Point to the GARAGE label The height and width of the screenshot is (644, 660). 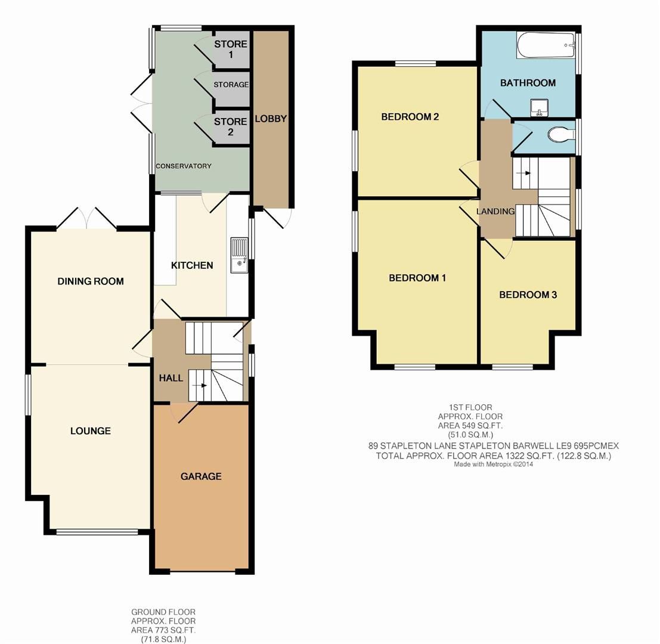click(201, 476)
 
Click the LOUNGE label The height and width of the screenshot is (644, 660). click(91, 431)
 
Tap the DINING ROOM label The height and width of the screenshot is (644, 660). click(91, 281)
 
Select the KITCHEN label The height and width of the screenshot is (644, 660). click(192, 265)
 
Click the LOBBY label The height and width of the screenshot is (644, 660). click(271, 119)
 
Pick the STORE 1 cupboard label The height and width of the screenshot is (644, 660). click(231, 49)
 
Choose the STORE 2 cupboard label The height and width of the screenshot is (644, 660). click(231, 126)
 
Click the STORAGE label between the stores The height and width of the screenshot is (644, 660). click(231, 85)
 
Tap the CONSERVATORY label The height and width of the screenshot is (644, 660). click(184, 166)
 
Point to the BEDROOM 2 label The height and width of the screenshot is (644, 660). click(410, 117)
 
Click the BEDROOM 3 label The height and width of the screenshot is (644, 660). click(528, 295)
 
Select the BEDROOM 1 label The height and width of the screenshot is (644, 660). click(417, 278)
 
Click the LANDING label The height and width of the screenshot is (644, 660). click(495, 211)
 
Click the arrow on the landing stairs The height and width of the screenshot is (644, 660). click(525, 173)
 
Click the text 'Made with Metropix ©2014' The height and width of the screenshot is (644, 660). click(494, 465)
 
